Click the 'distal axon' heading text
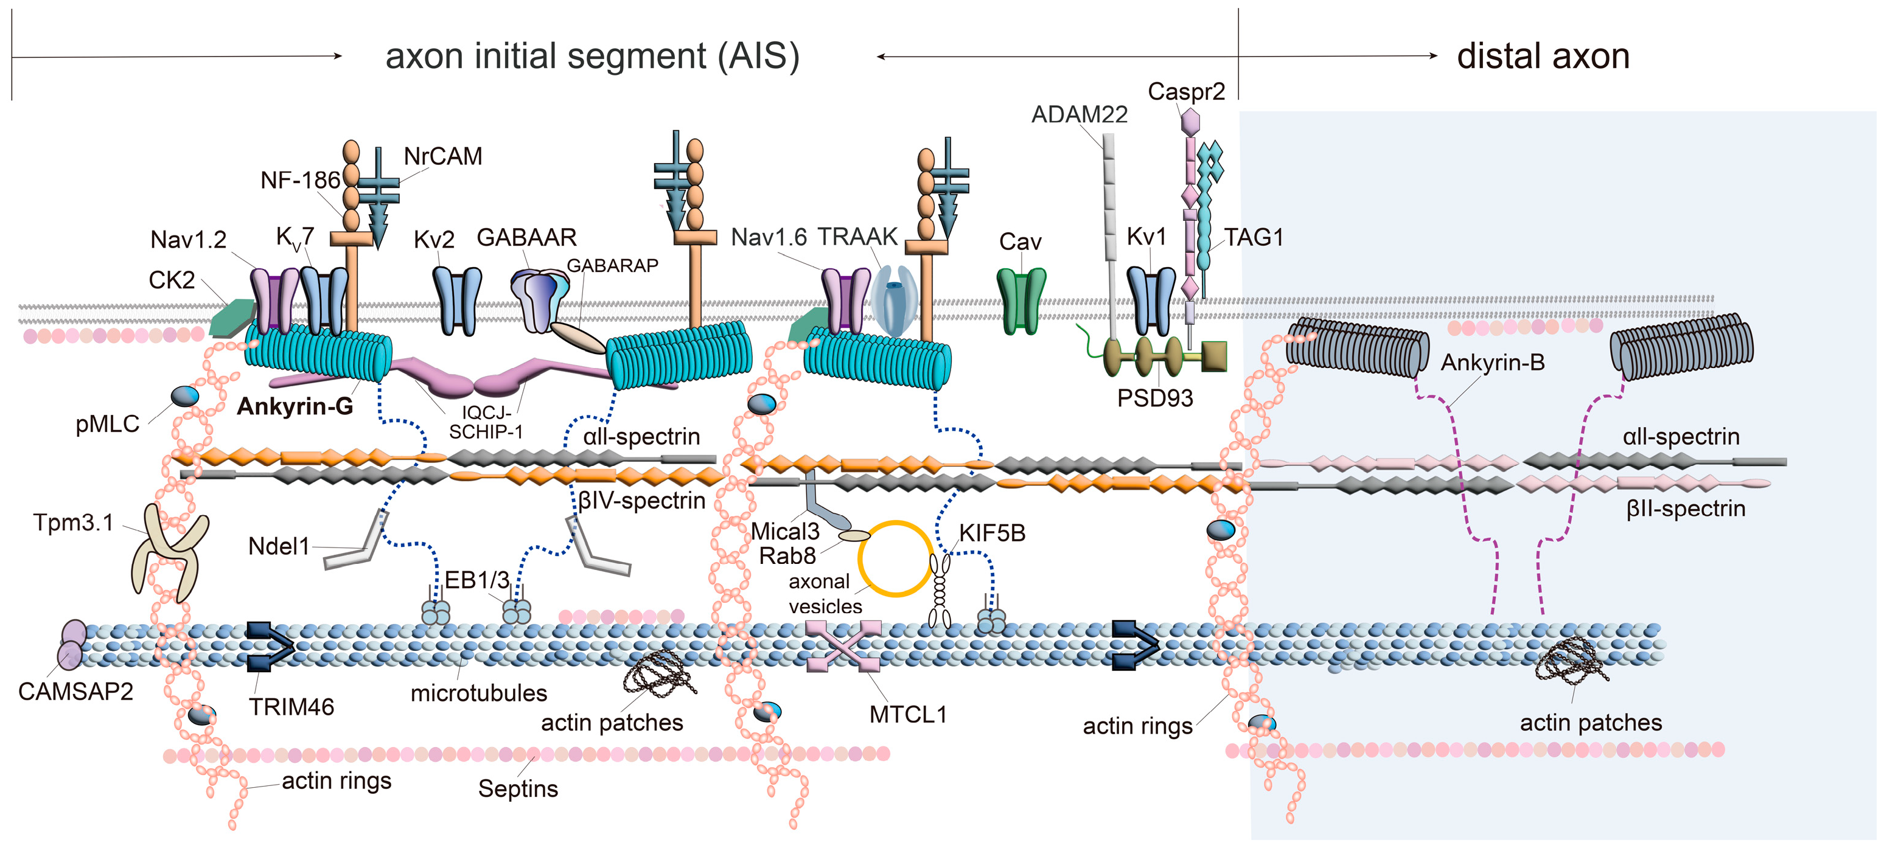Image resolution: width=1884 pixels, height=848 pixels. (1543, 57)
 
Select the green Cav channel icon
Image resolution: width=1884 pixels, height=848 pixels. (1021, 301)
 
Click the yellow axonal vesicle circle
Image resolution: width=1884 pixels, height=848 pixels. (895, 558)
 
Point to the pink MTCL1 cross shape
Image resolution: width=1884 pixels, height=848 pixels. (843, 646)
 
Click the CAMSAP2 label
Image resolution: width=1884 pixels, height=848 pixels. (75, 692)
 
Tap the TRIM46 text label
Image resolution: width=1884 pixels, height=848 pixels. (291, 707)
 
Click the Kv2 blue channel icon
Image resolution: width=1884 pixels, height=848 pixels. (457, 301)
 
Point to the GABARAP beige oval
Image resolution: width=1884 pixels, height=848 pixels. (577, 338)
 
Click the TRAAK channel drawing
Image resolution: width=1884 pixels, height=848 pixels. (894, 301)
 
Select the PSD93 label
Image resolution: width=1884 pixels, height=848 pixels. (1155, 398)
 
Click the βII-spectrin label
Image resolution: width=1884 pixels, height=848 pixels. (1685, 509)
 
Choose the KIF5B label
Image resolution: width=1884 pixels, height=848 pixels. (992, 533)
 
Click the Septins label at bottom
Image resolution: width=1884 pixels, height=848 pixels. (518, 789)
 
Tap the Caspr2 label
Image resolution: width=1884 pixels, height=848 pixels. (1185, 91)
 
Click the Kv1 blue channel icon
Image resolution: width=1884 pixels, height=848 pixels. (1151, 301)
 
